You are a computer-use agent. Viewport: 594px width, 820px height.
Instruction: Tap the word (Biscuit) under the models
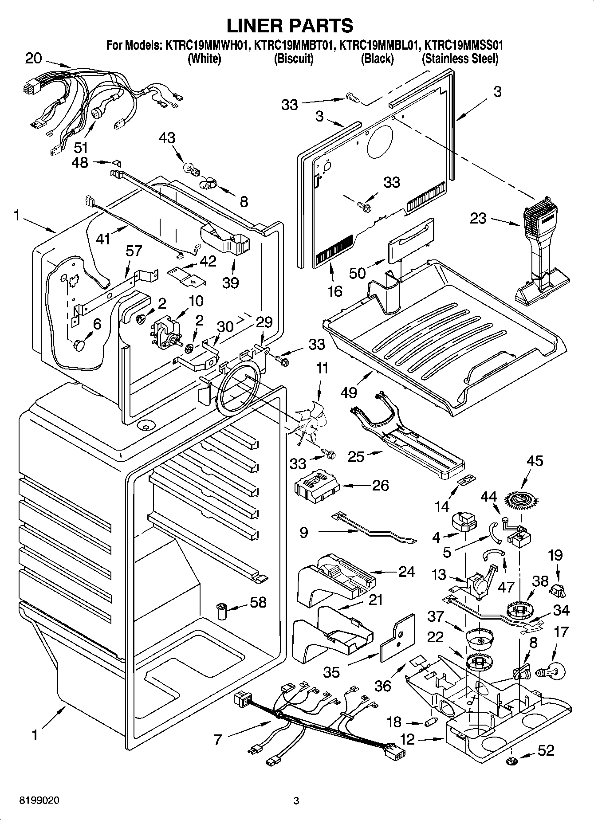coord(293,59)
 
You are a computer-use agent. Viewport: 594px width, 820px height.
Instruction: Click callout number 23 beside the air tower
coord(478,218)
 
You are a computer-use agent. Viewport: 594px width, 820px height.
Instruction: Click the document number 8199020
coord(39,800)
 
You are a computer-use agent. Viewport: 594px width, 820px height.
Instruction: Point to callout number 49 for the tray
coord(350,392)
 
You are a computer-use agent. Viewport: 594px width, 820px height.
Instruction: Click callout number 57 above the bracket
coord(133,251)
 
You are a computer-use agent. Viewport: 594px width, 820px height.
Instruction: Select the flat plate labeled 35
coord(397,637)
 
